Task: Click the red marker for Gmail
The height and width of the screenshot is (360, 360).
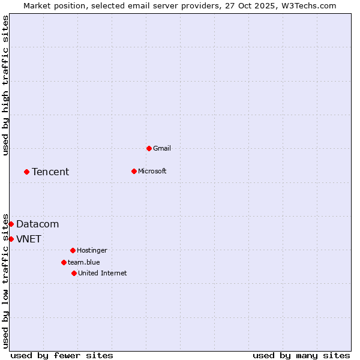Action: tap(149, 148)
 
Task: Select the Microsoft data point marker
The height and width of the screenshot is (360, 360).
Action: tap(134, 171)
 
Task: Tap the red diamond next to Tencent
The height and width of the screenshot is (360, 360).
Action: tap(26, 172)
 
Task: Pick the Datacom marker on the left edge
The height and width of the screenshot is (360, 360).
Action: tap(11, 224)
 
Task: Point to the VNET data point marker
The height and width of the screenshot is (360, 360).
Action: tap(11, 239)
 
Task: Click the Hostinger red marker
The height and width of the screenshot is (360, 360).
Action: tap(73, 250)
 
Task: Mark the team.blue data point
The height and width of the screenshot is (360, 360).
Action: tap(64, 262)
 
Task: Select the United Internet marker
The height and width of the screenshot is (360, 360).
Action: tap(74, 273)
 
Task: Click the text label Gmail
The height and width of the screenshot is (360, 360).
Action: tap(162, 148)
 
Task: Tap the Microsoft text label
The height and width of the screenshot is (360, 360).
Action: tap(152, 171)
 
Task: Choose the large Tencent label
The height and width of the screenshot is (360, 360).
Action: tap(50, 172)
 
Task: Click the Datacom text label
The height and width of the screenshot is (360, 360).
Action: tap(37, 224)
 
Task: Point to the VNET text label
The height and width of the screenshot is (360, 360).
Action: tap(29, 239)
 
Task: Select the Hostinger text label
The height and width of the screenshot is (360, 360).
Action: tap(92, 250)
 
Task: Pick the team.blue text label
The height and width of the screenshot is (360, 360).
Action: tap(84, 262)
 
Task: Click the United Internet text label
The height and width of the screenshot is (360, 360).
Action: tap(103, 273)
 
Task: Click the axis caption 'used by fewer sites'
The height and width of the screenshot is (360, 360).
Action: tap(62, 355)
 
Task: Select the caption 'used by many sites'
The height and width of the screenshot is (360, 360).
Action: tap(301, 355)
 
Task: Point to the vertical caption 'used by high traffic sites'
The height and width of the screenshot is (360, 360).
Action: tap(5, 86)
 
